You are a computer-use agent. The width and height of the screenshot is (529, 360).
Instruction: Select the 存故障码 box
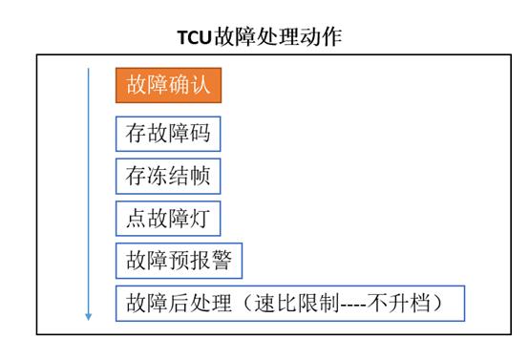(x=168, y=133)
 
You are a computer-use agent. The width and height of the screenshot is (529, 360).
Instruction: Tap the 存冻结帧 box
(x=168, y=175)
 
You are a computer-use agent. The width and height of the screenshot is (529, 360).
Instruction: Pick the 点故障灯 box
(x=168, y=217)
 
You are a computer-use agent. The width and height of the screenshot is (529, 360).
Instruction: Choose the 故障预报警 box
(x=179, y=259)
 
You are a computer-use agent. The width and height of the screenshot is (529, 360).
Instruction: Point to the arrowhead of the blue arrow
(x=90, y=316)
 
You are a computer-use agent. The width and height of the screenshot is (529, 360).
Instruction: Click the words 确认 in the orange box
(x=190, y=85)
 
